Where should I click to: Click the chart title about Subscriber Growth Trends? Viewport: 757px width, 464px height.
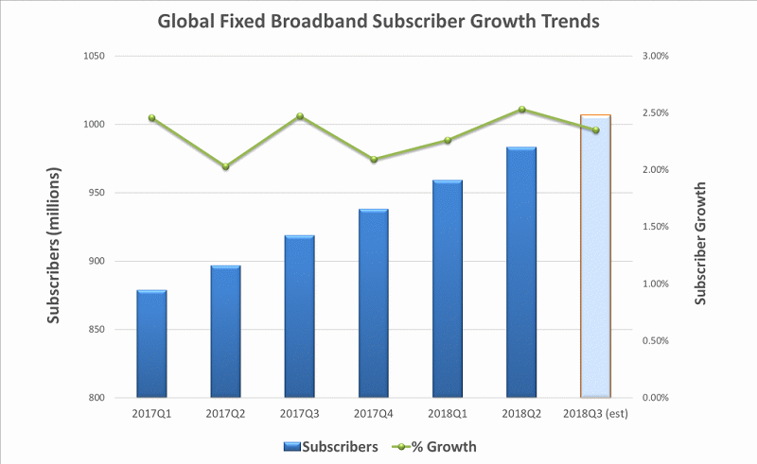pos(378,22)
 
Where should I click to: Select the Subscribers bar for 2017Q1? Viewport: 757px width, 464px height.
pos(151,344)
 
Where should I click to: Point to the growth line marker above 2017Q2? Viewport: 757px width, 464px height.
pos(225,167)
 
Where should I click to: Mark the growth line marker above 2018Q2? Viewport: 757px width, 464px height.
pos(521,110)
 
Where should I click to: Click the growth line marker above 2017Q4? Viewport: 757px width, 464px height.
pos(374,160)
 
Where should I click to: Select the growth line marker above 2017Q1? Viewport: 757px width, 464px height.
pos(151,118)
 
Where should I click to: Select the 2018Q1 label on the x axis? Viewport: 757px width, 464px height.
pos(448,413)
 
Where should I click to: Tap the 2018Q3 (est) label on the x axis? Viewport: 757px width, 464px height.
pos(595,413)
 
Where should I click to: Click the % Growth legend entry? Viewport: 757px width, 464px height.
pos(436,446)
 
